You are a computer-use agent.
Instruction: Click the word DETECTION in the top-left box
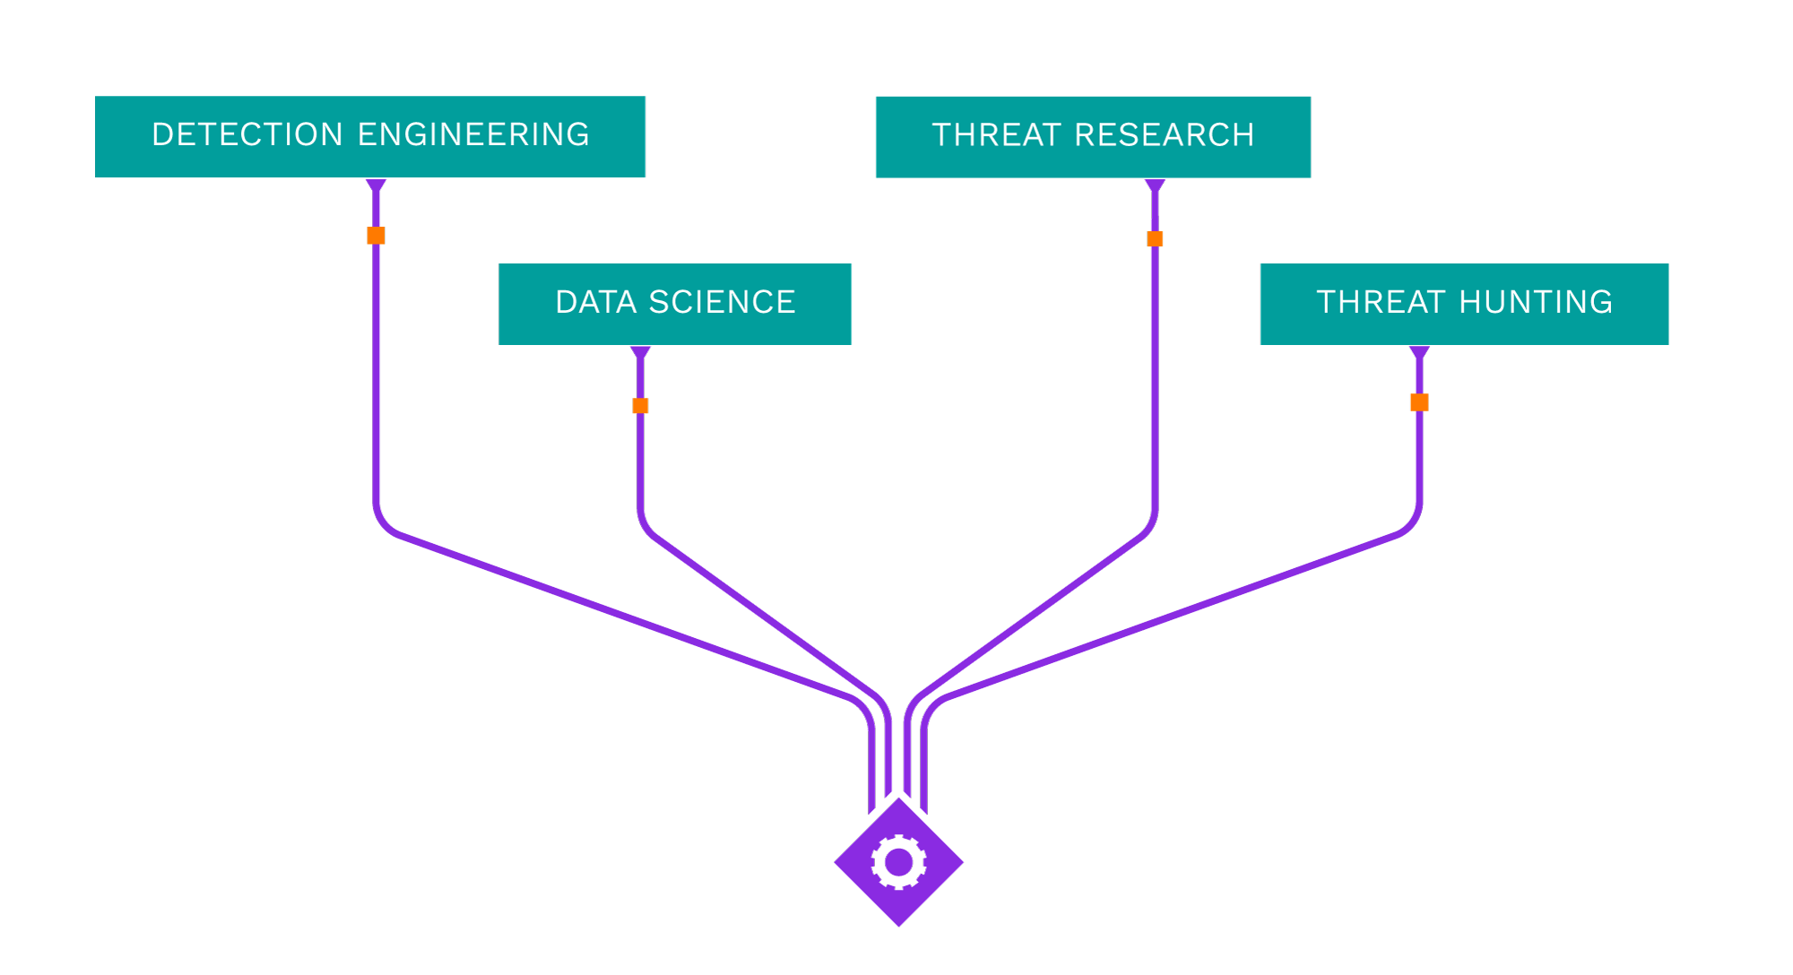[x=247, y=135]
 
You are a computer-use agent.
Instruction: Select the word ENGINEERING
[x=473, y=135]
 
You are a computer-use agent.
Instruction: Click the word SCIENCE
[x=722, y=303]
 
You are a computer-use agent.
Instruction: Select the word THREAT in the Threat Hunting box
[x=1381, y=303]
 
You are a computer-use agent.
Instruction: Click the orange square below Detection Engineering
[x=376, y=236]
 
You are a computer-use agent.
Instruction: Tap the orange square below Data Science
[x=640, y=406]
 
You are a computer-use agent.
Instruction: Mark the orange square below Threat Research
[x=1155, y=238]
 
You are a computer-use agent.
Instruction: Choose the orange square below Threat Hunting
[x=1419, y=402]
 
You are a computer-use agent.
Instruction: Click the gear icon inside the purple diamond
[x=898, y=862]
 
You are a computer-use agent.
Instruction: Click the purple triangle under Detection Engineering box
[x=376, y=186]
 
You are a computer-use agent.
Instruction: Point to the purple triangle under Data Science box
[x=640, y=352]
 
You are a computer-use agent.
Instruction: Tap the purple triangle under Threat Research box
[x=1155, y=186]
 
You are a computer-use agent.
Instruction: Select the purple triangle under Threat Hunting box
[x=1419, y=352]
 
